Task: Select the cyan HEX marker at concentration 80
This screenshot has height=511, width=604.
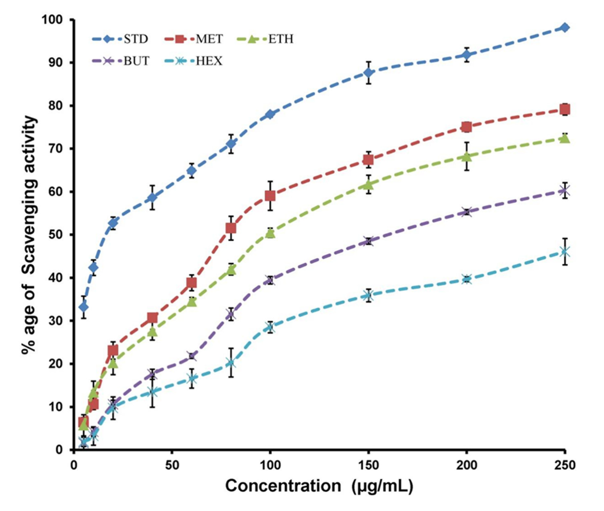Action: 231,363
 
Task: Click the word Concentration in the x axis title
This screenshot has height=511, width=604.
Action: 283,486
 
